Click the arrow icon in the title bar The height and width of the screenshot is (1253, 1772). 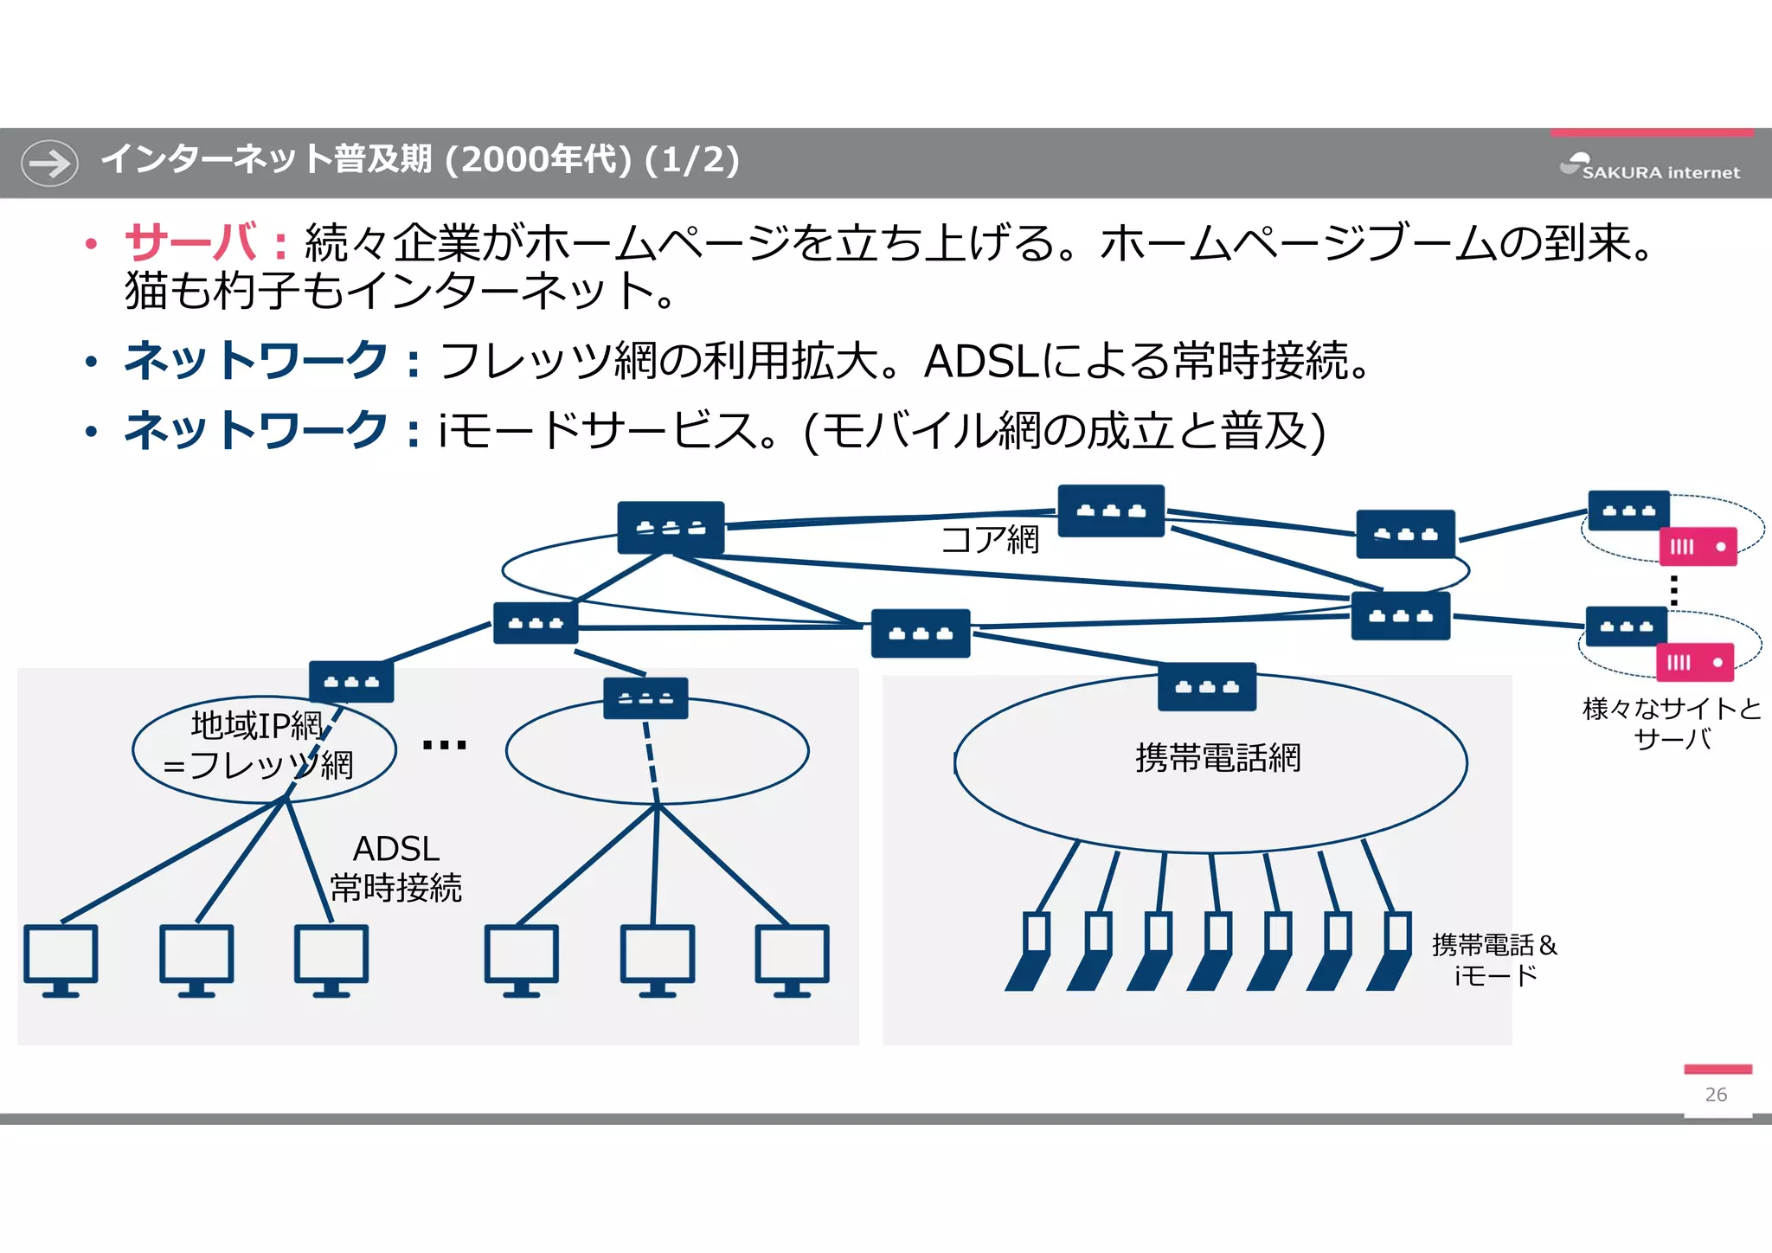click(49, 163)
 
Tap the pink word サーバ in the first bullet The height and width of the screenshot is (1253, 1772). click(191, 242)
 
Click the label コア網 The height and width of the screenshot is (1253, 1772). click(990, 540)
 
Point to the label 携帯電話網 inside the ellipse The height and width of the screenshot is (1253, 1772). click(1217, 758)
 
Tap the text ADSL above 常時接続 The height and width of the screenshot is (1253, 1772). click(396, 849)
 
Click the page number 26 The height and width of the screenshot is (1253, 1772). click(1716, 1095)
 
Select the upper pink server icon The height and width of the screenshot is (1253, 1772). click(1698, 547)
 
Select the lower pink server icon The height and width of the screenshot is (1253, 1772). click(1695, 663)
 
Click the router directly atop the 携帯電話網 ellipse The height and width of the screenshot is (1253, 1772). click(1207, 687)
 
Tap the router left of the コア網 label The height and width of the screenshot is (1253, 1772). click(671, 528)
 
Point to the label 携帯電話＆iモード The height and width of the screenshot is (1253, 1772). click(1494, 960)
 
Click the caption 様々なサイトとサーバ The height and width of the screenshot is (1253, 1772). click(1672, 723)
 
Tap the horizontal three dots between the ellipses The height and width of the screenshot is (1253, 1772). click(444, 745)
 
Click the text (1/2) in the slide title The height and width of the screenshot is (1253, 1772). click(692, 160)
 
